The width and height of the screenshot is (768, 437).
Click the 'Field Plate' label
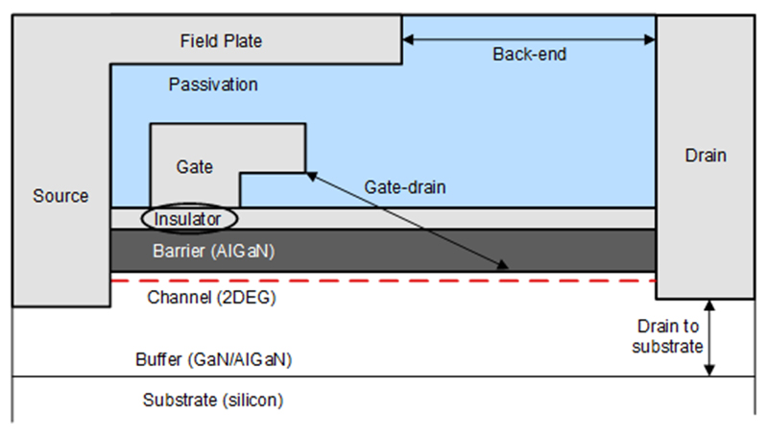point(221,41)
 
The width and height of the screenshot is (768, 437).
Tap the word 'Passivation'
point(213,85)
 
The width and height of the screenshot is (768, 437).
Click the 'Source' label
point(60,196)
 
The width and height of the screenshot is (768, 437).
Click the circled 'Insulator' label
point(188,219)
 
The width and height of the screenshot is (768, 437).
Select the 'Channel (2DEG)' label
point(211,297)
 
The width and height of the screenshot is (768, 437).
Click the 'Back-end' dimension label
point(530,55)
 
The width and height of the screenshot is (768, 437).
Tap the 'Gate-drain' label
point(405,187)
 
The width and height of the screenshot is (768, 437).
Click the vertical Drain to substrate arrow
point(709,337)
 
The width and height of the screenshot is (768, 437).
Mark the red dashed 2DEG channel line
point(384,280)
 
